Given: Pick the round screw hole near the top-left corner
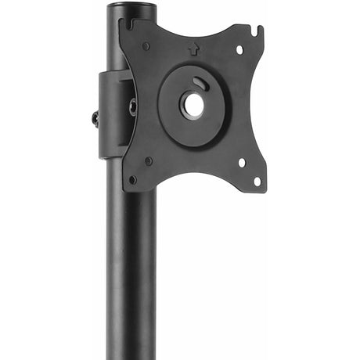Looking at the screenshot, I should tap(146, 46).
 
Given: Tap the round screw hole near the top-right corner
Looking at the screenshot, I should tap(239, 49).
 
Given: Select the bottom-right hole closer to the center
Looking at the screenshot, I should tap(241, 163).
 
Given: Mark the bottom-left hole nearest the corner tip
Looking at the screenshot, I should tap(132, 179).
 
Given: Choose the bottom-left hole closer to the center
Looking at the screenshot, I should tap(149, 161).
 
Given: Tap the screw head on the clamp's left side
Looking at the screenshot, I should tap(95, 119).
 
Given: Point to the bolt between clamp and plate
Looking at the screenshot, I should tap(132, 107).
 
